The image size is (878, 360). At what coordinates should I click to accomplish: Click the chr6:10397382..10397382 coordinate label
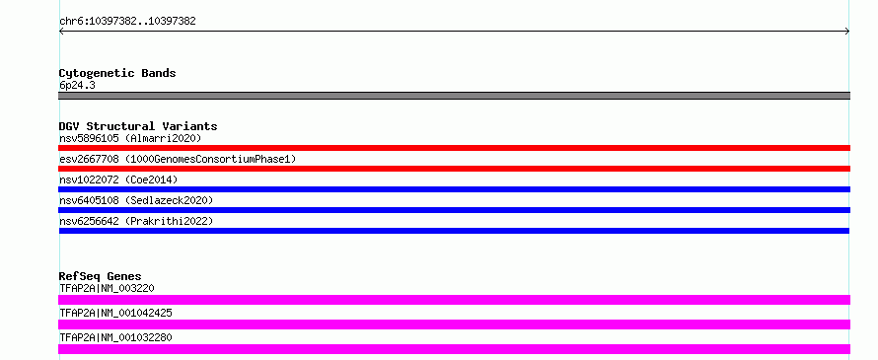click(x=127, y=22)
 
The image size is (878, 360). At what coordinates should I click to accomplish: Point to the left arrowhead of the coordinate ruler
click(x=61, y=32)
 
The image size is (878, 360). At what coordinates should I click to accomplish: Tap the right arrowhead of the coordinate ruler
click(x=847, y=32)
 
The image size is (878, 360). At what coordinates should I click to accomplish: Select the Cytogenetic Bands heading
click(x=117, y=73)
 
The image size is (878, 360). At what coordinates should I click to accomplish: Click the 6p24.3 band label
click(x=77, y=86)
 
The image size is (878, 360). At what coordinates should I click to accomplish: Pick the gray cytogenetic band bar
click(x=454, y=96)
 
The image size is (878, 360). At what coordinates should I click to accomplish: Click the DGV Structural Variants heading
click(x=138, y=126)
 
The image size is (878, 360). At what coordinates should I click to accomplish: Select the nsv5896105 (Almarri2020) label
click(x=130, y=138)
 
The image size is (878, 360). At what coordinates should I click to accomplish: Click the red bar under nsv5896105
click(x=454, y=148)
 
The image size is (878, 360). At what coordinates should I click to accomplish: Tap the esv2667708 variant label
click(x=89, y=160)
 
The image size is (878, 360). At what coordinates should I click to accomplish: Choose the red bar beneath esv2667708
click(x=454, y=169)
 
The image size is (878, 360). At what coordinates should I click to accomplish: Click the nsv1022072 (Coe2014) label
click(x=118, y=180)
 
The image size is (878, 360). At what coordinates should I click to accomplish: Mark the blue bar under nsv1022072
click(x=454, y=189)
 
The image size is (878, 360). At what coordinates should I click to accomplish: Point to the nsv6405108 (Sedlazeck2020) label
click(x=136, y=200)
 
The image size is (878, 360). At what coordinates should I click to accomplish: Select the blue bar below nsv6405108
click(x=454, y=210)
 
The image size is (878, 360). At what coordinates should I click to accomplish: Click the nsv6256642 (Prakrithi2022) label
click(x=136, y=222)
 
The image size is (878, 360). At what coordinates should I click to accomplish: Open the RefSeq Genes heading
click(x=101, y=276)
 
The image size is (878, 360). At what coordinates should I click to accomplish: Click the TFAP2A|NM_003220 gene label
click(x=107, y=288)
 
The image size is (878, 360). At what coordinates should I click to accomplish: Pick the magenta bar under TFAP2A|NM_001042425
click(x=454, y=324)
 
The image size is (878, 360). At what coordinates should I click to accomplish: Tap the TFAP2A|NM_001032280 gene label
click(x=115, y=337)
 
